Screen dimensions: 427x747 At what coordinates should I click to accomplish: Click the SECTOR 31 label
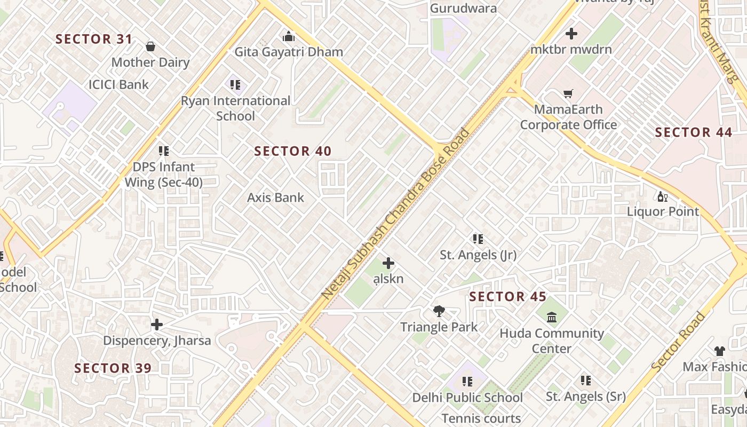pyautogui.click(x=94, y=39)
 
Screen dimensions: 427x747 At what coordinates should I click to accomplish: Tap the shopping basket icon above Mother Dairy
pyautogui.click(x=150, y=47)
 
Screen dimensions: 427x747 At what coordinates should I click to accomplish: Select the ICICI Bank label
pyautogui.click(x=118, y=84)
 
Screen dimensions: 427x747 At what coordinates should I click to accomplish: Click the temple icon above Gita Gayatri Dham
pyautogui.click(x=289, y=36)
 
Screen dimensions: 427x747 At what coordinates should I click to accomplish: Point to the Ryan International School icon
pyautogui.click(x=235, y=84)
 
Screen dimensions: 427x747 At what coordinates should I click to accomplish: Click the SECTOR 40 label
pyautogui.click(x=292, y=152)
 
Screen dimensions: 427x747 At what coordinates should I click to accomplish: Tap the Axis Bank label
pyautogui.click(x=275, y=197)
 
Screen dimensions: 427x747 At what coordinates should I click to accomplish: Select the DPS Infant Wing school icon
pyautogui.click(x=163, y=151)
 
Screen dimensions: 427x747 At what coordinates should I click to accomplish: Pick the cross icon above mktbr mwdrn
pyautogui.click(x=571, y=34)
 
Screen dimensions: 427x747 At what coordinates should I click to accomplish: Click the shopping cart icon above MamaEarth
pyautogui.click(x=568, y=94)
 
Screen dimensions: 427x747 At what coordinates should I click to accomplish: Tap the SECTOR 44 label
pyautogui.click(x=693, y=132)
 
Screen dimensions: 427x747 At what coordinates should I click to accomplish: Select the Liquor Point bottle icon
pyautogui.click(x=662, y=196)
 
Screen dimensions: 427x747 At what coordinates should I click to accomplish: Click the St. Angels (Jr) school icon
pyautogui.click(x=478, y=239)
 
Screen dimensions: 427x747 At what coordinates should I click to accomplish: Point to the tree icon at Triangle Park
pyautogui.click(x=439, y=311)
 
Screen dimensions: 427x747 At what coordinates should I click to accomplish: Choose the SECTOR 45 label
pyautogui.click(x=507, y=297)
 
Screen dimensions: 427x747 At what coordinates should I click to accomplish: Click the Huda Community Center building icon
pyautogui.click(x=552, y=318)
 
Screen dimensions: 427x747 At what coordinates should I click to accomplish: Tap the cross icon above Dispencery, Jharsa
pyautogui.click(x=157, y=325)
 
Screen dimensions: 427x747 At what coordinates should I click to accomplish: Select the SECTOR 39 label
pyautogui.click(x=113, y=368)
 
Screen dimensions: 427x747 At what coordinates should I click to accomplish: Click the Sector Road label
pyautogui.click(x=678, y=342)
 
